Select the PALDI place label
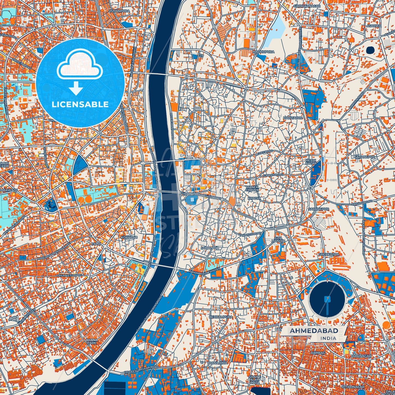[96, 243]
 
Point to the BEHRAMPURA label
[220, 317]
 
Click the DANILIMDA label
[218, 362]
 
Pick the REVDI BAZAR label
[311, 162]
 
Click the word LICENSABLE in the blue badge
[80, 104]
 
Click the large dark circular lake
[327, 300]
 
